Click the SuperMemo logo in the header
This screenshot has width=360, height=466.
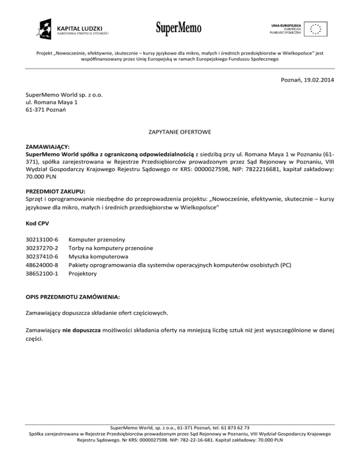click(x=179, y=28)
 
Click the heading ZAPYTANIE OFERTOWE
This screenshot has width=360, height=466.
click(x=180, y=133)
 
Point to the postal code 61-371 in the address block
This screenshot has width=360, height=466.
click(x=35, y=110)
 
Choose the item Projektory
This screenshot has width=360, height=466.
click(x=83, y=274)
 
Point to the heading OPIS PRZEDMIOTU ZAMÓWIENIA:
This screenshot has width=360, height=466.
click(x=73, y=297)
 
